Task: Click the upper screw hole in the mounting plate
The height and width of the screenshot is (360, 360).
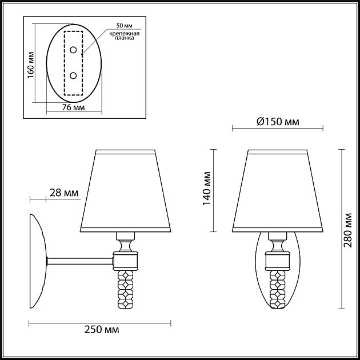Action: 73,50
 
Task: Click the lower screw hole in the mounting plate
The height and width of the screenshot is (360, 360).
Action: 73,75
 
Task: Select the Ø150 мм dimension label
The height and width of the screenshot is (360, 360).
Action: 278,122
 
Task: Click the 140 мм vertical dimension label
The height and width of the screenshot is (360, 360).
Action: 208,188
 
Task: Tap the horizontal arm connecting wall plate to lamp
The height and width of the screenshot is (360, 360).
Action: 80,261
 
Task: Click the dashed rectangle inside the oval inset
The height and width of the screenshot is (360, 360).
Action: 73,62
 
